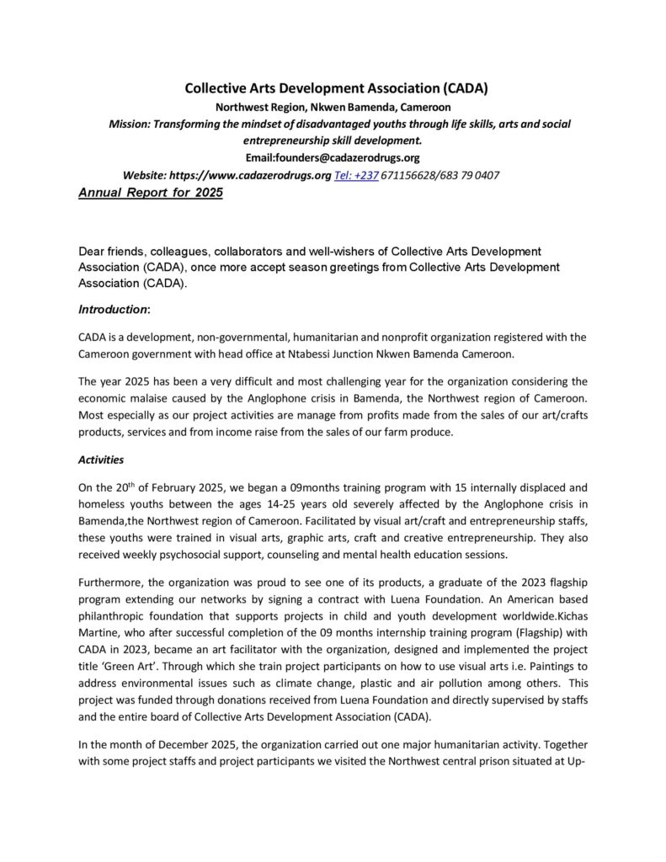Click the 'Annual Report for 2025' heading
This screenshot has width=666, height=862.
(151, 192)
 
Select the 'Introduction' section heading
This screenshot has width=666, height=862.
(113, 309)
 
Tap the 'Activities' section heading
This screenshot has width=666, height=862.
(101, 460)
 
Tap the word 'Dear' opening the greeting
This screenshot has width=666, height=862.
(92, 252)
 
